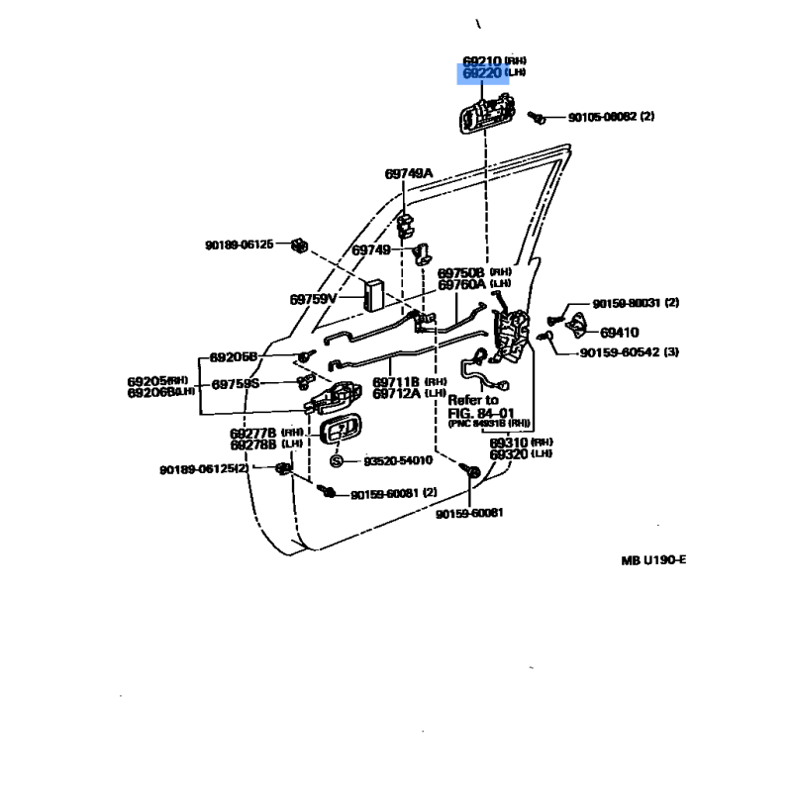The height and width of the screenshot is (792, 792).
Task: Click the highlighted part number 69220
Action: click(x=482, y=72)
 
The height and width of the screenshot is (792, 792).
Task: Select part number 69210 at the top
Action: click(x=482, y=60)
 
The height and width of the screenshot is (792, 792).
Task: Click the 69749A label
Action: click(x=409, y=174)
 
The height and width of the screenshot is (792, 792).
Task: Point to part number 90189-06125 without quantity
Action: click(x=239, y=244)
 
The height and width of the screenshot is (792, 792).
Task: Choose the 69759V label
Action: click(x=314, y=298)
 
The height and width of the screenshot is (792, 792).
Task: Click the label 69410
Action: click(x=619, y=333)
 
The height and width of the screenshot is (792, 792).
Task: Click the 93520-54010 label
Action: click(x=397, y=460)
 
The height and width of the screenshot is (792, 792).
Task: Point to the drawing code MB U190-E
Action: click(x=653, y=559)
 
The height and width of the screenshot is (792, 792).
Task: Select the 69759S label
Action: click(x=238, y=382)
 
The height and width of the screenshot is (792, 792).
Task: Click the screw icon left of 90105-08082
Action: click(x=537, y=118)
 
